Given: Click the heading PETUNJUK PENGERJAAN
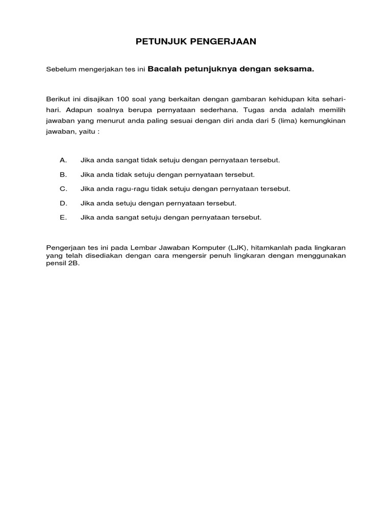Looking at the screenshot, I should (196, 42).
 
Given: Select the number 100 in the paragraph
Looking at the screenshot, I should (122, 99).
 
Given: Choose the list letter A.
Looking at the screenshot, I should (63, 160).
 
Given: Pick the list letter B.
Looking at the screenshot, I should (63, 174).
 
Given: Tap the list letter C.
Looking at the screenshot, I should (63, 188).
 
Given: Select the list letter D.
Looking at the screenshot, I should (63, 203).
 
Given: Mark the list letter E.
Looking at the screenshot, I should (63, 217).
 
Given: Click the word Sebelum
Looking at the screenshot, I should (60, 69).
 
